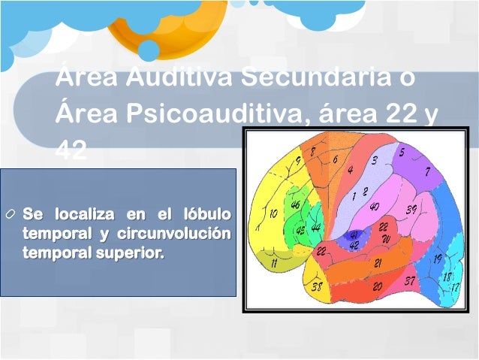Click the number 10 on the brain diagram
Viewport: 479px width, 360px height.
point(273,213)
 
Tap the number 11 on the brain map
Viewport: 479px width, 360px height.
point(275,263)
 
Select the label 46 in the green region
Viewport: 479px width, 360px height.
point(295,205)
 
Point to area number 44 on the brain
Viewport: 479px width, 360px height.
point(315,227)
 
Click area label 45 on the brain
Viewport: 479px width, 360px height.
point(300,230)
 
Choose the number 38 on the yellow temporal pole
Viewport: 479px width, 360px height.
point(317,287)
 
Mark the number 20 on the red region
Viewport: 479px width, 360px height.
point(378,286)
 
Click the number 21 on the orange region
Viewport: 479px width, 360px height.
point(378,263)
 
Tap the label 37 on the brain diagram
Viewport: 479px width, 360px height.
point(409,281)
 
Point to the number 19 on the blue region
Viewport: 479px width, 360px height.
point(437,259)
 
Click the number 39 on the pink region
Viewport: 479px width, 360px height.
point(411,210)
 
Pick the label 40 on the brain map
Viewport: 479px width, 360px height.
point(374,207)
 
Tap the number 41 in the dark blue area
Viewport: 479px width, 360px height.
point(354,234)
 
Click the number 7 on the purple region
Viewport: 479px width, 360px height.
point(427,171)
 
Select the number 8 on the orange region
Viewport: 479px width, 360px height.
point(312,152)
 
